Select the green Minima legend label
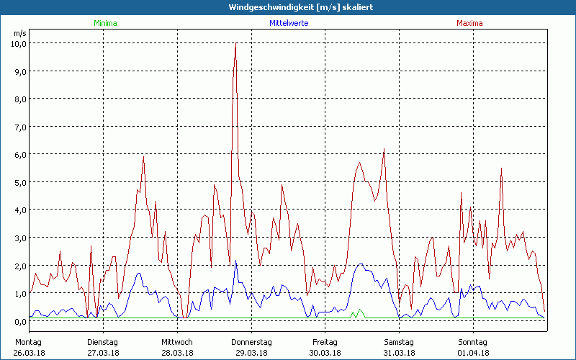click(105, 24)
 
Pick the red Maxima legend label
click(471, 24)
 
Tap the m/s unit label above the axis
click(19, 33)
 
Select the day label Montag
click(28, 342)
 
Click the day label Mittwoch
click(177, 342)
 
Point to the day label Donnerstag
click(251, 342)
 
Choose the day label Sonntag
click(473, 342)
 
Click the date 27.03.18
click(102, 353)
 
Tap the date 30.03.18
click(325, 353)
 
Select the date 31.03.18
click(399, 353)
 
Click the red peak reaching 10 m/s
click(235, 45)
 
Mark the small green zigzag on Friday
click(357, 313)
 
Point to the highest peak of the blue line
click(235, 261)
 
